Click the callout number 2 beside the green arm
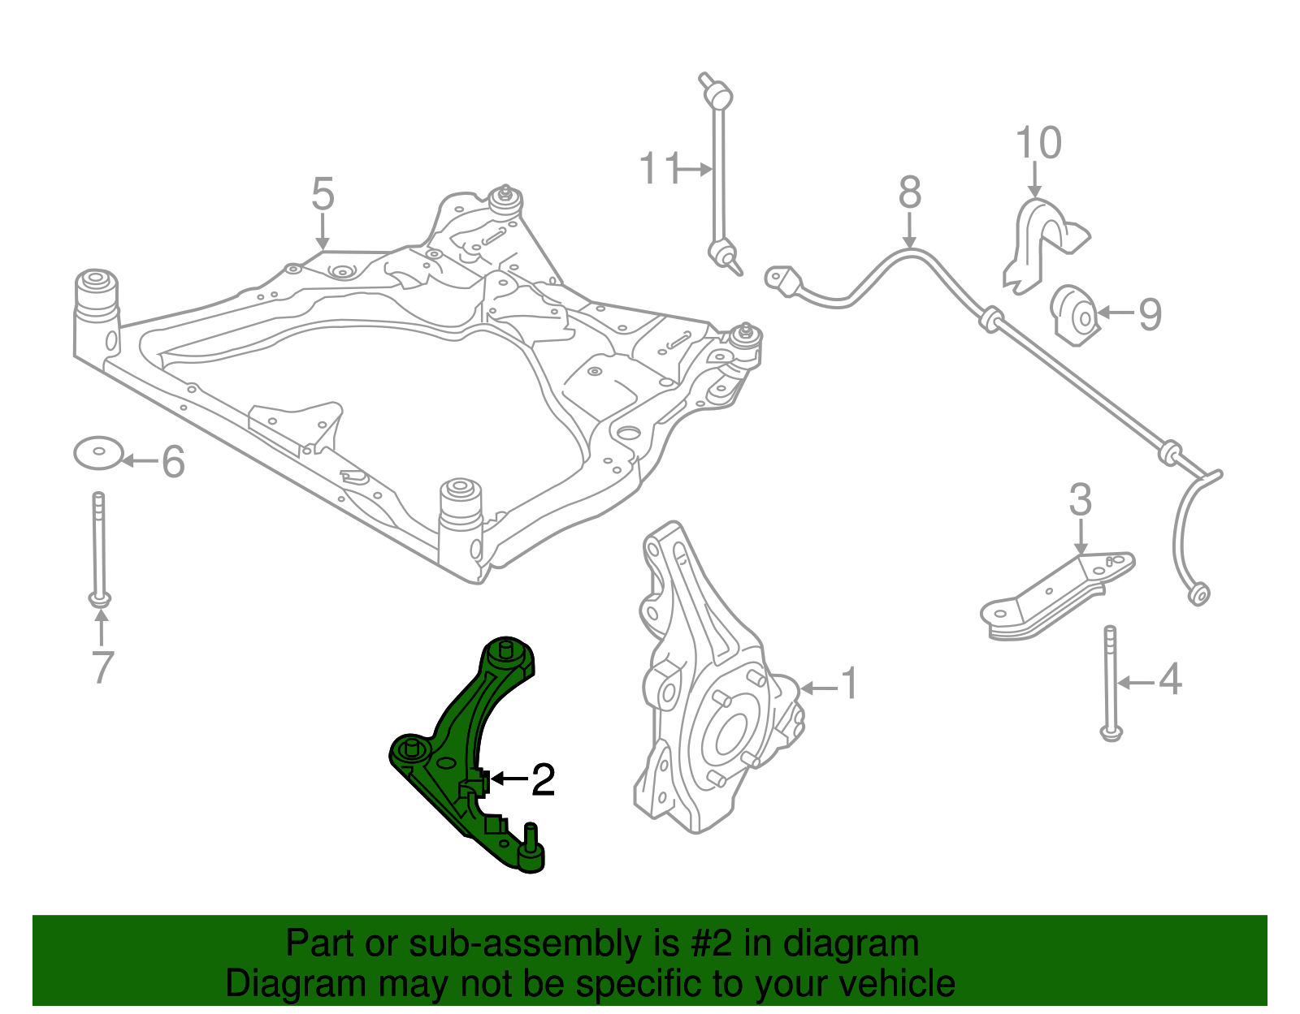pyautogui.click(x=543, y=780)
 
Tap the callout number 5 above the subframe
pyautogui.click(x=323, y=195)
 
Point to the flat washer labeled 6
pyautogui.click(x=97, y=453)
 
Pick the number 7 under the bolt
pyautogui.click(x=102, y=667)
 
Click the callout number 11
pyautogui.click(x=658, y=170)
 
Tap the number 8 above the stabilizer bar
pyautogui.click(x=910, y=193)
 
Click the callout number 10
pyautogui.click(x=1038, y=143)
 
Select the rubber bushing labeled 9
pyautogui.click(x=1075, y=315)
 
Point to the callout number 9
pyautogui.click(x=1150, y=314)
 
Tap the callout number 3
pyautogui.click(x=1080, y=500)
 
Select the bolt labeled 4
pyautogui.click(x=1110, y=682)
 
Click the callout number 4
pyautogui.click(x=1169, y=680)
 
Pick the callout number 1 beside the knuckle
pyautogui.click(x=848, y=684)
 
